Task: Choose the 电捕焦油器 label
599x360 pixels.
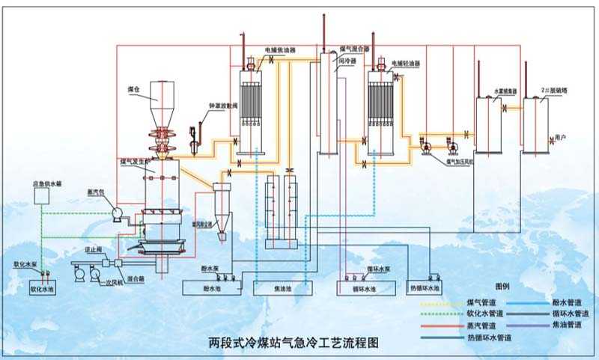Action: (x=280, y=51)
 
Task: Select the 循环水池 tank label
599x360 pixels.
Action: (x=365, y=287)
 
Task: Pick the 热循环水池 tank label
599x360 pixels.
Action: (x=424, y=287)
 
